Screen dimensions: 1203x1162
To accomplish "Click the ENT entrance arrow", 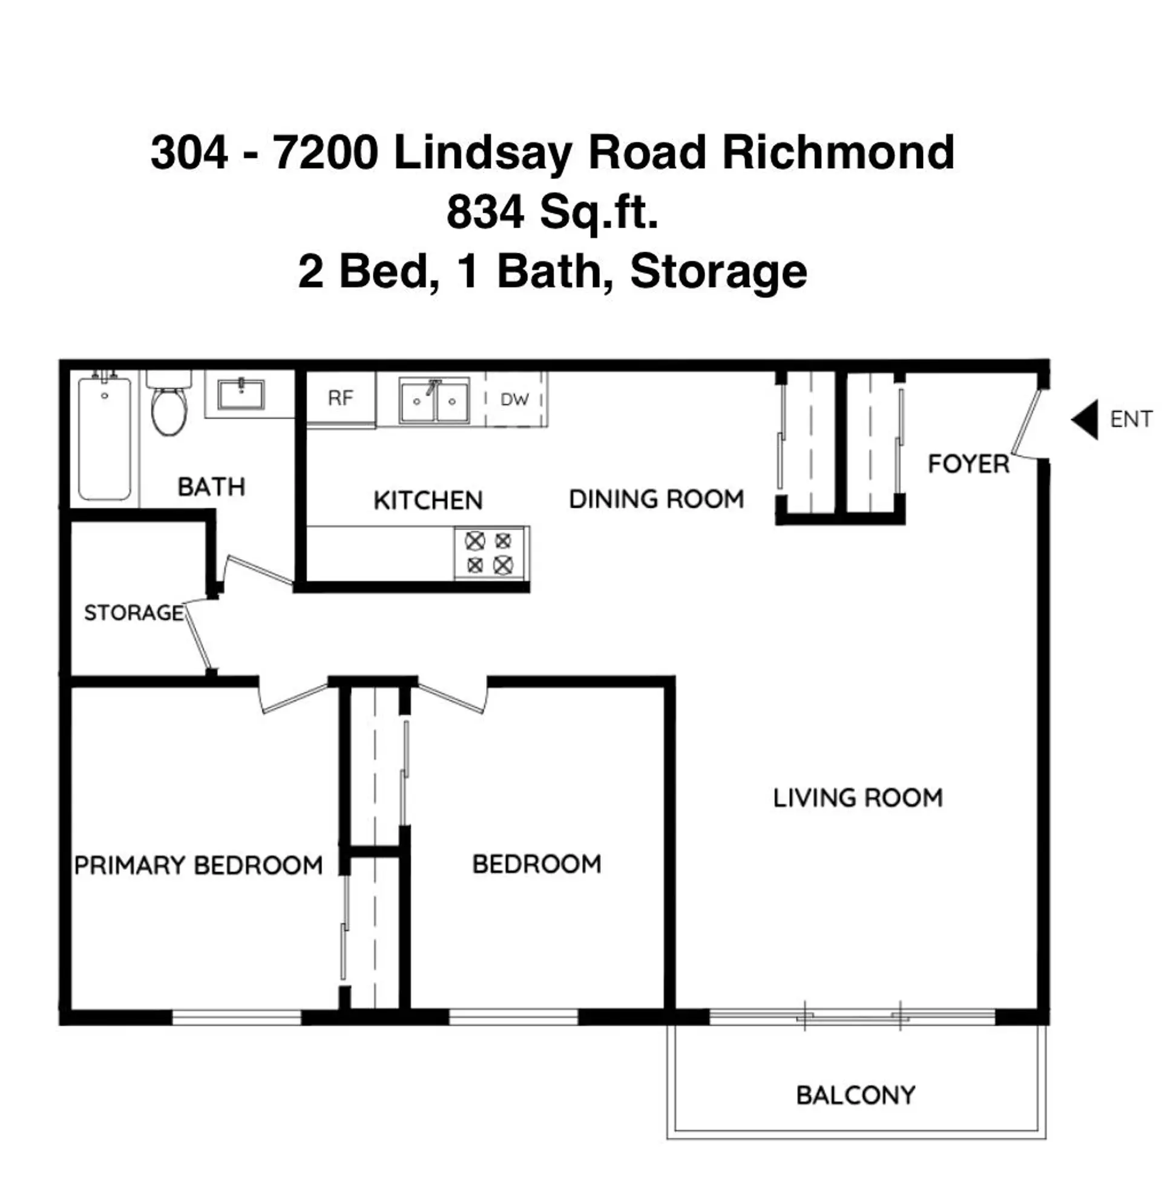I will (1085, 420).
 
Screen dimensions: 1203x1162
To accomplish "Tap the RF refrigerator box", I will (341, 398).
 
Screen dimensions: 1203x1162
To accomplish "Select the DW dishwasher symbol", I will (514, 399).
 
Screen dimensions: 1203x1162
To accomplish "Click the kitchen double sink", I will (435, 401).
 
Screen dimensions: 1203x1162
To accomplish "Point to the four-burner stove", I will (489, 553).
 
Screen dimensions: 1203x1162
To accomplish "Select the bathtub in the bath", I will (104, 438).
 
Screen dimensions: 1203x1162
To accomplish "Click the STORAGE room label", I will (134, 612).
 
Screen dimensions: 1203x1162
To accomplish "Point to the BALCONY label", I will (855, 1095).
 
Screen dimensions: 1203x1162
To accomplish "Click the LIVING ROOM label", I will (858, 798).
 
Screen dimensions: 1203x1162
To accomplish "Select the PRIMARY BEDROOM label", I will (199, 865).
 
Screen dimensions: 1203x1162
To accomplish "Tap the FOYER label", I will (968, 464).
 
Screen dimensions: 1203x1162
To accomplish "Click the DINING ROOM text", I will (656, 499).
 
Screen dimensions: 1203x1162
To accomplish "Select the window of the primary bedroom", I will (236, 1018).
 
